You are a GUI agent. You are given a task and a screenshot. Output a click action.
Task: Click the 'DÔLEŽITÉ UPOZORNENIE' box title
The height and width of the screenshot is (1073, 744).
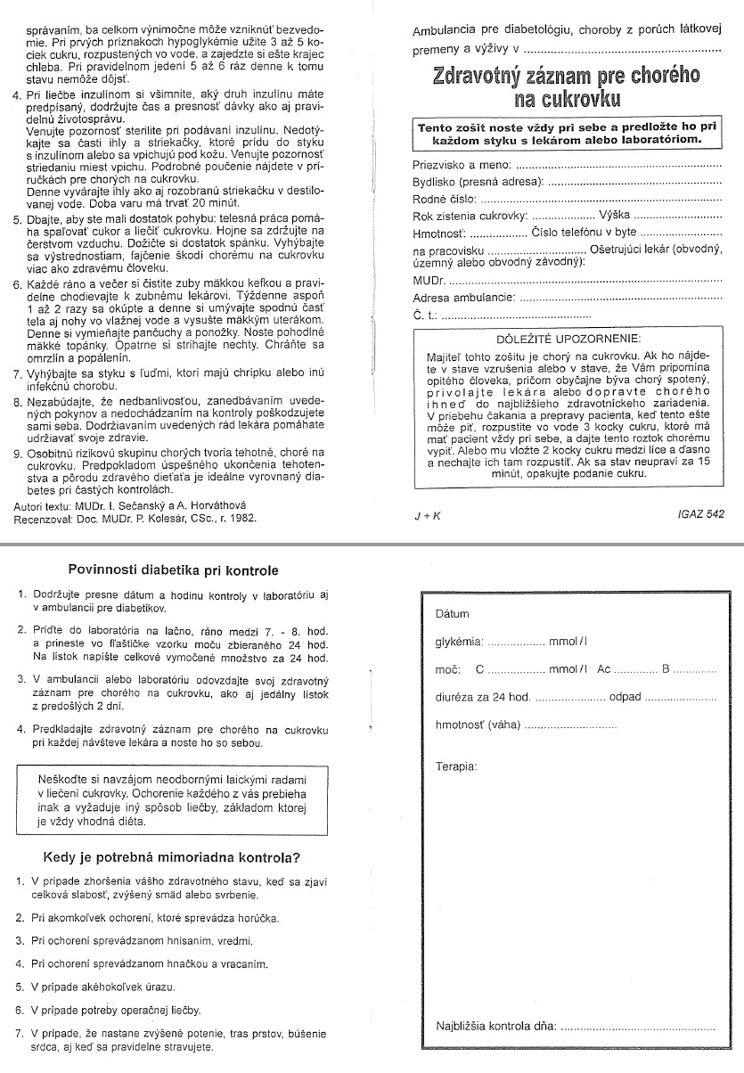(568, 339)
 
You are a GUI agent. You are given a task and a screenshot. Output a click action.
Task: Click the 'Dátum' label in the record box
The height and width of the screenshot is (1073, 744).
(452, 614)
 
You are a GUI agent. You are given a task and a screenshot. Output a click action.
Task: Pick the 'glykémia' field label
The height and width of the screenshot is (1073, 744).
(459, 642)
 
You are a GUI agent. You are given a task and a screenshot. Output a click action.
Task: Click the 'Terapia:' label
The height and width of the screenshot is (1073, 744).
(456, 766)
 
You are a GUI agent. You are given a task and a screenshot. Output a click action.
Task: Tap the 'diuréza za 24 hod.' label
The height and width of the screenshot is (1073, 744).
(483, 697)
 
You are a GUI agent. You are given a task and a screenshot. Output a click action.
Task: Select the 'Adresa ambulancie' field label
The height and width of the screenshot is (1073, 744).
(463, 298)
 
